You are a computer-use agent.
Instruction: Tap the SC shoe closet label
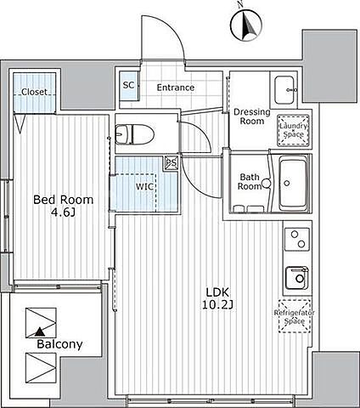point(128,85)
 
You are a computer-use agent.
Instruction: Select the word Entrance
point(176,88)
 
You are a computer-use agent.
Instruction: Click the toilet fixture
point(135,134)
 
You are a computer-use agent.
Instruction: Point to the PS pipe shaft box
point(171,163)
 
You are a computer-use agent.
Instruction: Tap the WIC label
point(144,187)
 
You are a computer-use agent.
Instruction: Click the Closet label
point(34,92)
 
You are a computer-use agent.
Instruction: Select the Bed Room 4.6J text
point(63,206)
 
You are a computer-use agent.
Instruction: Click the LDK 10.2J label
point(217,298)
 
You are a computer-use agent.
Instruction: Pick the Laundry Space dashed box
point(294,130)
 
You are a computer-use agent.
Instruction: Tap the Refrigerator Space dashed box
point(295,316)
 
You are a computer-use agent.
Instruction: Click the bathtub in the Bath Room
point(293,184)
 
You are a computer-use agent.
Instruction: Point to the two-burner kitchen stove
point(297,240)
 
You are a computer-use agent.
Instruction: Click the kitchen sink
point(296,278)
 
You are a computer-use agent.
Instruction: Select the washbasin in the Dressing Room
point(285,90)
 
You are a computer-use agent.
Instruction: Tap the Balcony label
point(59,344)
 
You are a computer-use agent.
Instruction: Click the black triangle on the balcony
point(40,331)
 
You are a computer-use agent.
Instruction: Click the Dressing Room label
point(251,116)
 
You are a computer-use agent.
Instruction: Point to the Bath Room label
point(250,182)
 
